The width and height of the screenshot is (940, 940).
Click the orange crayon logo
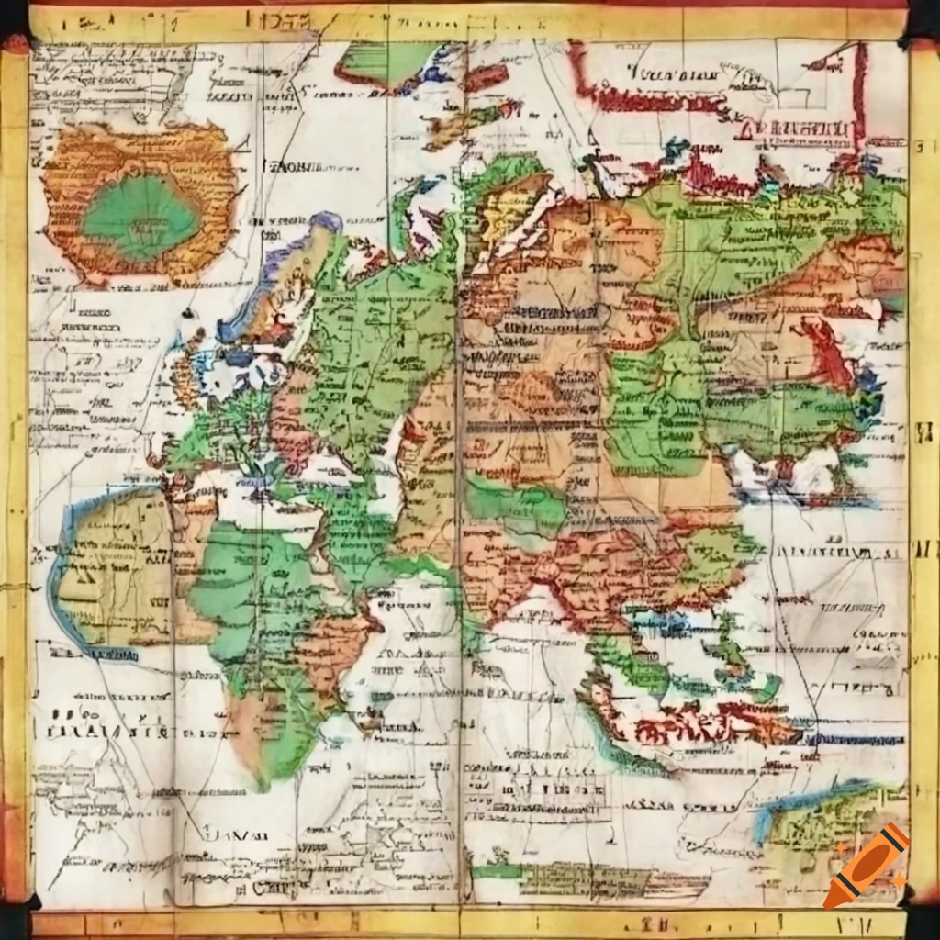[x=866, y=866]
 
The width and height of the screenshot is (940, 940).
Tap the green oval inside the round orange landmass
[x=140, y=217]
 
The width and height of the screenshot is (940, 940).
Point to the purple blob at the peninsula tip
[x=326, y=221]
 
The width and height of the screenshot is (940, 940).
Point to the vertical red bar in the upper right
[x=859, y=92]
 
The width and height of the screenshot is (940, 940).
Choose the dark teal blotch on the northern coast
[x=677, y=148]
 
